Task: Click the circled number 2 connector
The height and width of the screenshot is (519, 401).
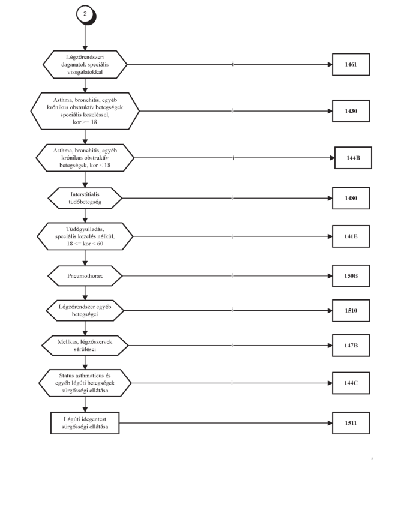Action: click(x=86, y=14)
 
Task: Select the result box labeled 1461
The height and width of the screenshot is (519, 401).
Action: click(x=351, y=65)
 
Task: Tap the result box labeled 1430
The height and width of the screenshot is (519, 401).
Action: click(x=351, y=111)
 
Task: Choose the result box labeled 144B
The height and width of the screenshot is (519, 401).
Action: click(x=353, y=158)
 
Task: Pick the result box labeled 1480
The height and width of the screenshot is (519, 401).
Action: click(x=351, y=198)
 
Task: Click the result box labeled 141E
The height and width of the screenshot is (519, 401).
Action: click(x=351, y=236)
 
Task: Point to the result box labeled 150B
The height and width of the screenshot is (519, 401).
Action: click(x=351, y=276)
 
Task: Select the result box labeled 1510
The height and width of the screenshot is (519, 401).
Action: click(x=351, y=310)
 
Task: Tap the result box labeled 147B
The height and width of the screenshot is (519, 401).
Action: click(x=351, y=346)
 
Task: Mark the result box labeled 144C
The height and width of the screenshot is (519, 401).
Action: click(x=351, y=383)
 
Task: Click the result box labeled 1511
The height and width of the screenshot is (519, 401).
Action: click(x=351, y=423)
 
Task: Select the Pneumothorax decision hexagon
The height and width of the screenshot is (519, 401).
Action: click(x=85, y=276)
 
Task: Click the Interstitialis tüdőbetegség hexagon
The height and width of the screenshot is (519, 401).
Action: click(x=85, y=198)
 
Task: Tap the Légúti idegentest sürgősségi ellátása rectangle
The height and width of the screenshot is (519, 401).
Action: click(x=85, y=423)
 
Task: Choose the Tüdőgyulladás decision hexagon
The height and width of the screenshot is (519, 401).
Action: click(x=85, y=236)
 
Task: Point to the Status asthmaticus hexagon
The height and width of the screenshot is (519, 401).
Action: click(x=85, y=383)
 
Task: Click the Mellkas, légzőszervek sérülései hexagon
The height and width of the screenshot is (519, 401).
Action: click(x=85, y=346)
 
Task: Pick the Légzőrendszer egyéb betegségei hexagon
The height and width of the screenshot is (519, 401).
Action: click(x=85, y=310)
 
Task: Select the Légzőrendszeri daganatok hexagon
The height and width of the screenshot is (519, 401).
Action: click(x=85, y=65)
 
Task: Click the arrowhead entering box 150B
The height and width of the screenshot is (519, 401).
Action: click(x=330, y=276)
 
